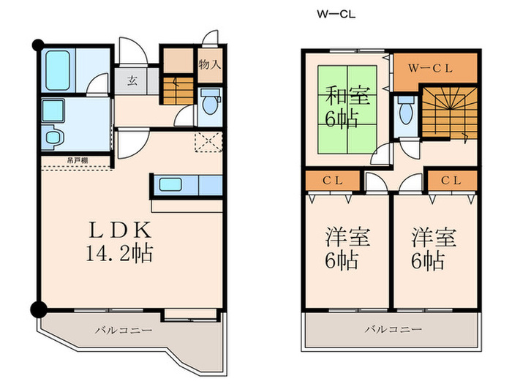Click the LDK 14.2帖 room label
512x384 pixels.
120,242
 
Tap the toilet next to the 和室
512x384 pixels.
405,114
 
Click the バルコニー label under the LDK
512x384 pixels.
123,331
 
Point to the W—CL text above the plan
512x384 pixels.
336,14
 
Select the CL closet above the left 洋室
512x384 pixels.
331,180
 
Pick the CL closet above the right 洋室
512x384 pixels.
451,180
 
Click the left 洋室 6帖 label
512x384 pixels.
346,248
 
